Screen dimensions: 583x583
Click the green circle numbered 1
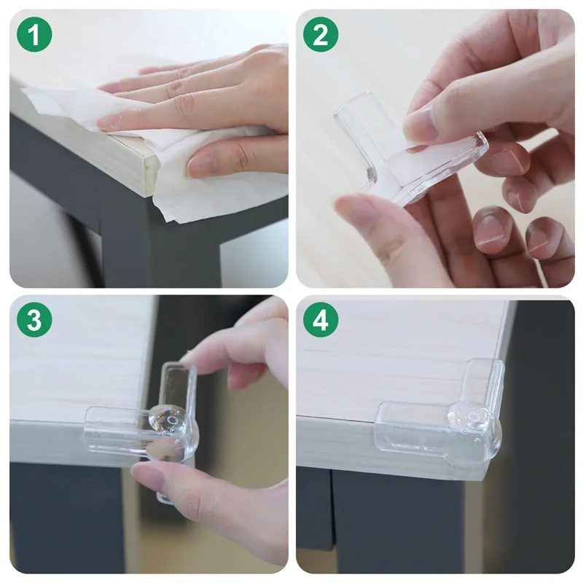coord(34,34)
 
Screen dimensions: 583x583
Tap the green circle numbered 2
coord(321,34)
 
